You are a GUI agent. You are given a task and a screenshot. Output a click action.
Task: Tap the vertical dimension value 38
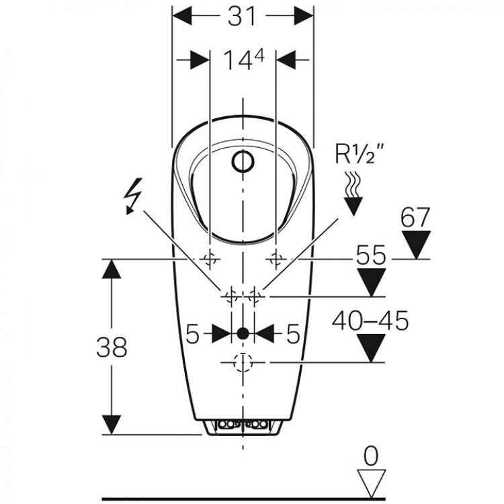(111, 348)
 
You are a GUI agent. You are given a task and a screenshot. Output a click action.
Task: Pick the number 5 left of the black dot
(192, 333)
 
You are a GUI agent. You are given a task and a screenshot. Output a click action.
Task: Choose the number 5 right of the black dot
(292, 333)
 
